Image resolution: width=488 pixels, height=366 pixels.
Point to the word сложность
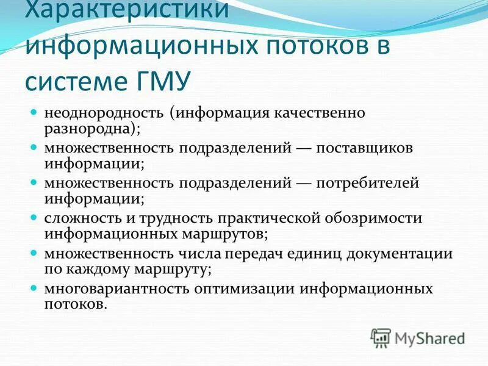(78, 218)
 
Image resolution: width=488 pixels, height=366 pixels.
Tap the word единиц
(322, 253)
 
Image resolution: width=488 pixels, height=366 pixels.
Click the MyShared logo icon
(380, 337)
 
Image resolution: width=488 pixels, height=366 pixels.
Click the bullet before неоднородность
(34, 113)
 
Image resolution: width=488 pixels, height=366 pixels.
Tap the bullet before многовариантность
(34, 288)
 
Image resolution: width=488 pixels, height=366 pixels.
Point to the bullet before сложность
(34, 218)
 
